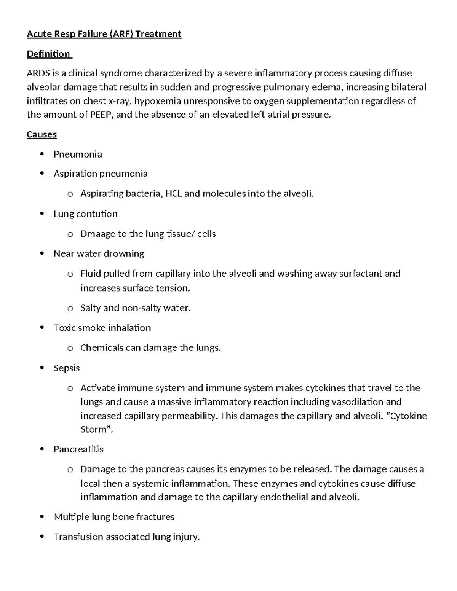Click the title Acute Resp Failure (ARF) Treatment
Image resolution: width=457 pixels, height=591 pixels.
(x=104, y=34)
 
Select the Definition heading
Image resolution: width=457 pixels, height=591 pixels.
(x=48, y=54)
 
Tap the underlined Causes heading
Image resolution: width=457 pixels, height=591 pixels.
(x=42, y=135)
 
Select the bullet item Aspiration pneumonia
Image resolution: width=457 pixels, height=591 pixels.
(x=101, y=174)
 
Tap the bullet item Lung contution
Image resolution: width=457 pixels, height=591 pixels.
(x=85, y=214)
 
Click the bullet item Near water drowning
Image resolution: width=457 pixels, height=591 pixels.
(x=99, y=254)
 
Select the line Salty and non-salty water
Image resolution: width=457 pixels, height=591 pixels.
(x=135, y=308)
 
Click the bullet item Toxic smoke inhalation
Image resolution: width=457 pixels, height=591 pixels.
(x=102, y=328)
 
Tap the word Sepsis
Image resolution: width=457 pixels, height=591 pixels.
(x=67, y=368)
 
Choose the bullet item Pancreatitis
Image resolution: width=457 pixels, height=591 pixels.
(x=78, y=449)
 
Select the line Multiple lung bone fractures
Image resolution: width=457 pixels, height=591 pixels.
(x=114, y=517)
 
